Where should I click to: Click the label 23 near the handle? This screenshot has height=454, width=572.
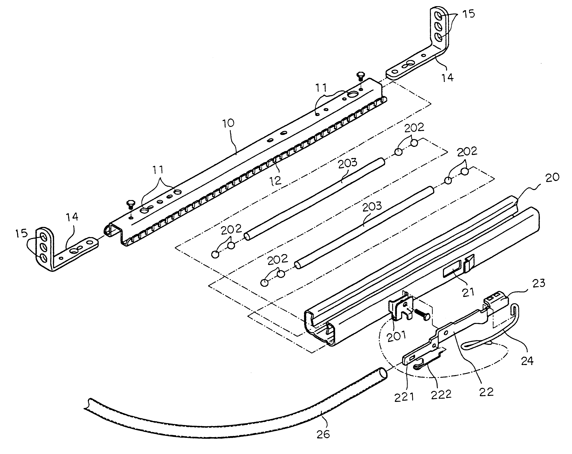(x=538, y=283)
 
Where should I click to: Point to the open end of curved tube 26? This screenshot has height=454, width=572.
(x=383, y=374)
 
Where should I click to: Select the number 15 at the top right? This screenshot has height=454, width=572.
(x=469, y=14)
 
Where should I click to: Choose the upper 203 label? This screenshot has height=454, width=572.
(x=348, y=163)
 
